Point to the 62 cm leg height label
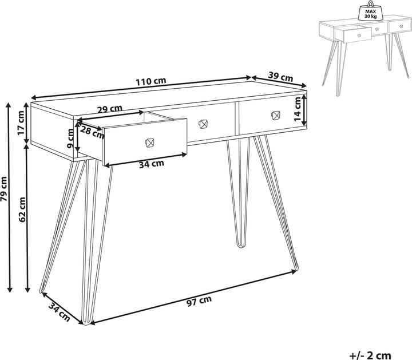(x=22, y=209)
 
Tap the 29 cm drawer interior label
(x=109, y=109)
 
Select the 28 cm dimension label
(x=92, y=133)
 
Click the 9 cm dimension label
(x=70, y=138)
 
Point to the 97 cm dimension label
(x=199, y=299)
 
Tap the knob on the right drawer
(x=275, y=114)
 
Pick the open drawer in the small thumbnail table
(x=357, y=35)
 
